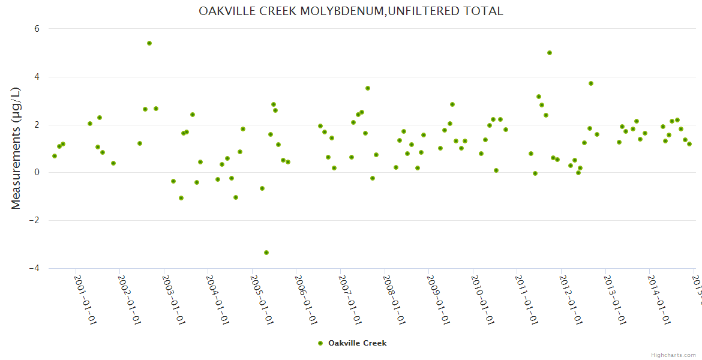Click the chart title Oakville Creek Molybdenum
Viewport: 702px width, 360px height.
point(351,11)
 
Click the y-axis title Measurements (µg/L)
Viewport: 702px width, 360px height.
point(16,148)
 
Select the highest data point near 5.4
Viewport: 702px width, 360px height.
point(149,43)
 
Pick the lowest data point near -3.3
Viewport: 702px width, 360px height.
point(266,253)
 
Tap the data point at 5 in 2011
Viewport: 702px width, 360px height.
point(550,53)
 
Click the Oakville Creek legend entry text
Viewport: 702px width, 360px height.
point(357,343)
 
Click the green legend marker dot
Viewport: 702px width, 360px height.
point(320,343)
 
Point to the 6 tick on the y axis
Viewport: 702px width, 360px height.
point(37,28)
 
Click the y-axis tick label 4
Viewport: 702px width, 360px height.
point(37,77)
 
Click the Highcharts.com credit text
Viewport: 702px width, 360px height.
point(674,355)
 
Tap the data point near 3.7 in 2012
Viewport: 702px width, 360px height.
point(591,83)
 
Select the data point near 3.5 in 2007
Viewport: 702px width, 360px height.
point(368,88)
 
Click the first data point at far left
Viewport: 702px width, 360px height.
point(55,156)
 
